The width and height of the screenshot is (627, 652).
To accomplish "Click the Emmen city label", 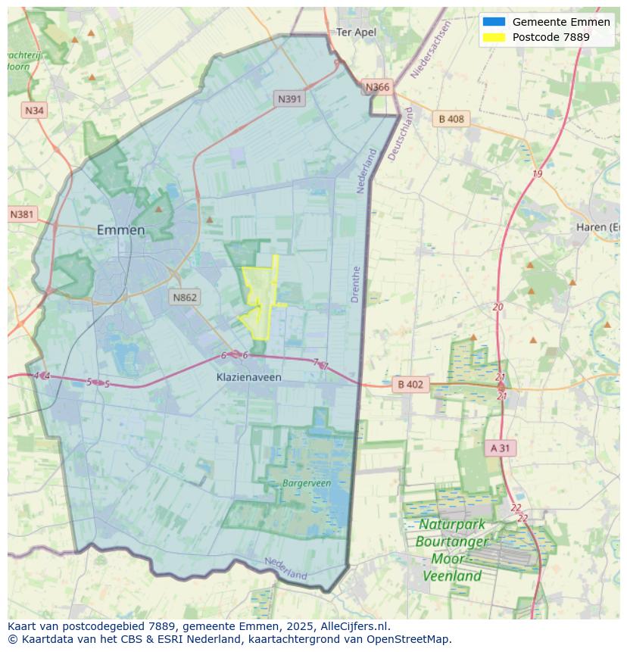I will [120, 229].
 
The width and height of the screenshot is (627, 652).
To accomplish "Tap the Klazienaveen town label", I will [249, 376].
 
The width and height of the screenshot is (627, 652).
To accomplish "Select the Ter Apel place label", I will [356, 32].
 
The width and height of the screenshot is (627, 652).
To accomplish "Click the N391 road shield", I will [290, 98].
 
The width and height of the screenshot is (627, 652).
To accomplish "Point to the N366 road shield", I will [377, 87].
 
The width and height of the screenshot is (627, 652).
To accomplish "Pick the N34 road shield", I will [35, 111].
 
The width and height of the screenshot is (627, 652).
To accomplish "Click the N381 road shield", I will [23, 214].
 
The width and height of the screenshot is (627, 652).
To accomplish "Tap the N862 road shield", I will [184, 297].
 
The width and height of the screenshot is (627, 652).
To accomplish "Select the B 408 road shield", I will [451, 119].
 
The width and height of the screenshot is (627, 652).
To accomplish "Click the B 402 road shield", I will [410, 385].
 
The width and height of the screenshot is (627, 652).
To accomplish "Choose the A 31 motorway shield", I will [500, 448].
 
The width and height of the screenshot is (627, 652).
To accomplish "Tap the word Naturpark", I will [452, 525].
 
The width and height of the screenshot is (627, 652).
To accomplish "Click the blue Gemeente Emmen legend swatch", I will [494, 22].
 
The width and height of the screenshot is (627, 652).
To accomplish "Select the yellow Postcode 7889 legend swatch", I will [494, 37].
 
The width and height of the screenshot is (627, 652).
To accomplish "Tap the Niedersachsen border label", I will [430, 49].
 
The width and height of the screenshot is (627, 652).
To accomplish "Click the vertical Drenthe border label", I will [356, 284].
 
